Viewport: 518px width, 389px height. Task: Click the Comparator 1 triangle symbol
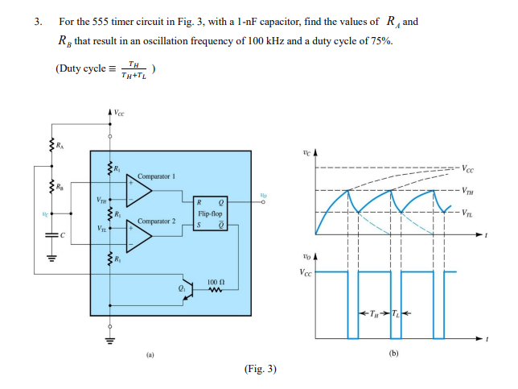139,191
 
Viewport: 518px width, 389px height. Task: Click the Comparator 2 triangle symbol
139,236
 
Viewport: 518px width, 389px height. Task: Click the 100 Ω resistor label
215,282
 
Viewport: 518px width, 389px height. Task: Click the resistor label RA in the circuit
60,146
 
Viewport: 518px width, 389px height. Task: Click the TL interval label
395,312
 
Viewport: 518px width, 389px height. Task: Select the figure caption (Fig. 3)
259,369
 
